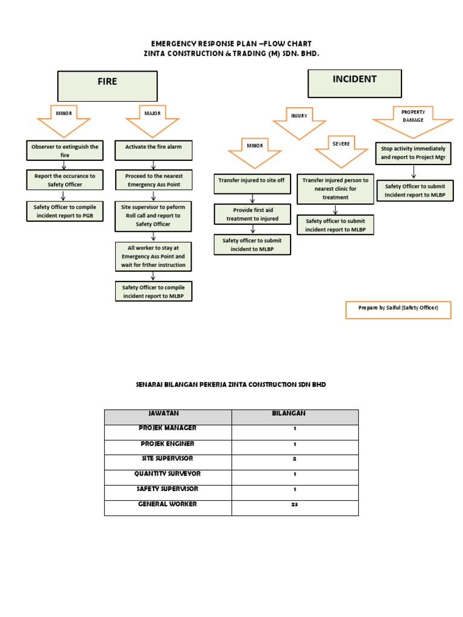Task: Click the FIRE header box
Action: (107, 86)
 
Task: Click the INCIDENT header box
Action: (354, 83)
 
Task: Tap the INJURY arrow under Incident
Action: (299, 120)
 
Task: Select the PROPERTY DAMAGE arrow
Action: (413, 119)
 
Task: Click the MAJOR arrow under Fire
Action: (153, 118)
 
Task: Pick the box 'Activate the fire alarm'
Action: (154, 151)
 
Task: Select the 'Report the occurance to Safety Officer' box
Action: (64, 180)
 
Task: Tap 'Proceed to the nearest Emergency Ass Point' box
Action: (154, 180)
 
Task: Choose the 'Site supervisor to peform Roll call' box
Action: (154, 215)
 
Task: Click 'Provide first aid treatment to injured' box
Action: (253, 215)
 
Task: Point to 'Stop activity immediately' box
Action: (414, 152)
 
